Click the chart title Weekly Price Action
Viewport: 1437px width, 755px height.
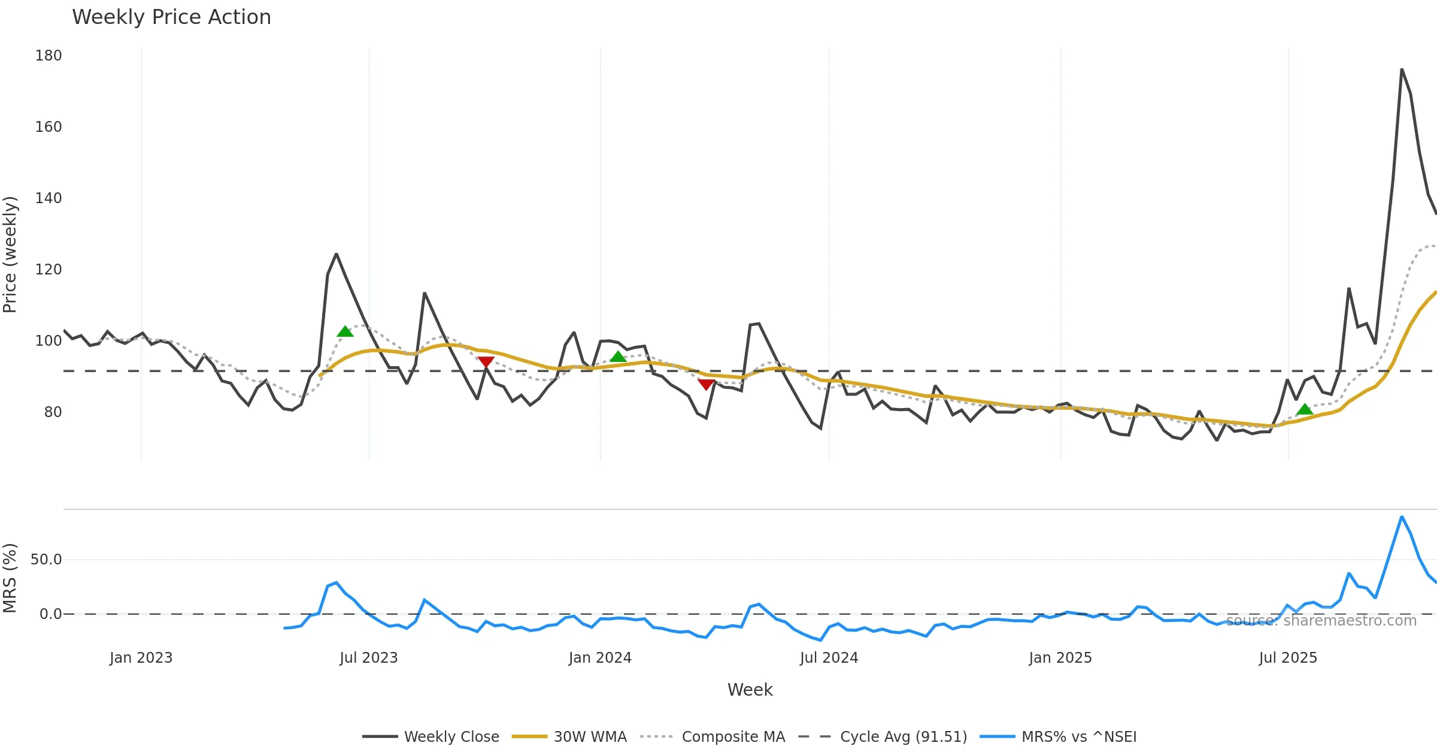[171, 17]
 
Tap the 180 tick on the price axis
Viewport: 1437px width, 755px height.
[48, 56]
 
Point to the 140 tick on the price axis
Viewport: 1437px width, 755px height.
[48, 198]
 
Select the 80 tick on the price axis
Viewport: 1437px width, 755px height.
[53, 412]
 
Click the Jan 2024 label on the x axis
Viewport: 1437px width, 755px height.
[600, 658]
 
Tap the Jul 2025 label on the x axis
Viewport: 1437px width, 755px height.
[1288, 658]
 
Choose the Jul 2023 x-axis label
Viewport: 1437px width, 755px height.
[368, 658]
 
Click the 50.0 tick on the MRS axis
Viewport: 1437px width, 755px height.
[46, 560]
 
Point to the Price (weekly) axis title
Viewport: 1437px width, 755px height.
[10, 255]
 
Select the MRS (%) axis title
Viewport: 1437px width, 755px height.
[10, 578]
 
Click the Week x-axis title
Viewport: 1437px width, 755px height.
[750, 690]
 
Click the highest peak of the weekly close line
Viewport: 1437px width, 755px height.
[1402, 70]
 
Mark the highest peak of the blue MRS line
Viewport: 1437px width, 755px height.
[1402, 517]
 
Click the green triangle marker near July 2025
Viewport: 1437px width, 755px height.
[1305, 410]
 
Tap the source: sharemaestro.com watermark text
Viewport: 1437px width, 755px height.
[1321, 621]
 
